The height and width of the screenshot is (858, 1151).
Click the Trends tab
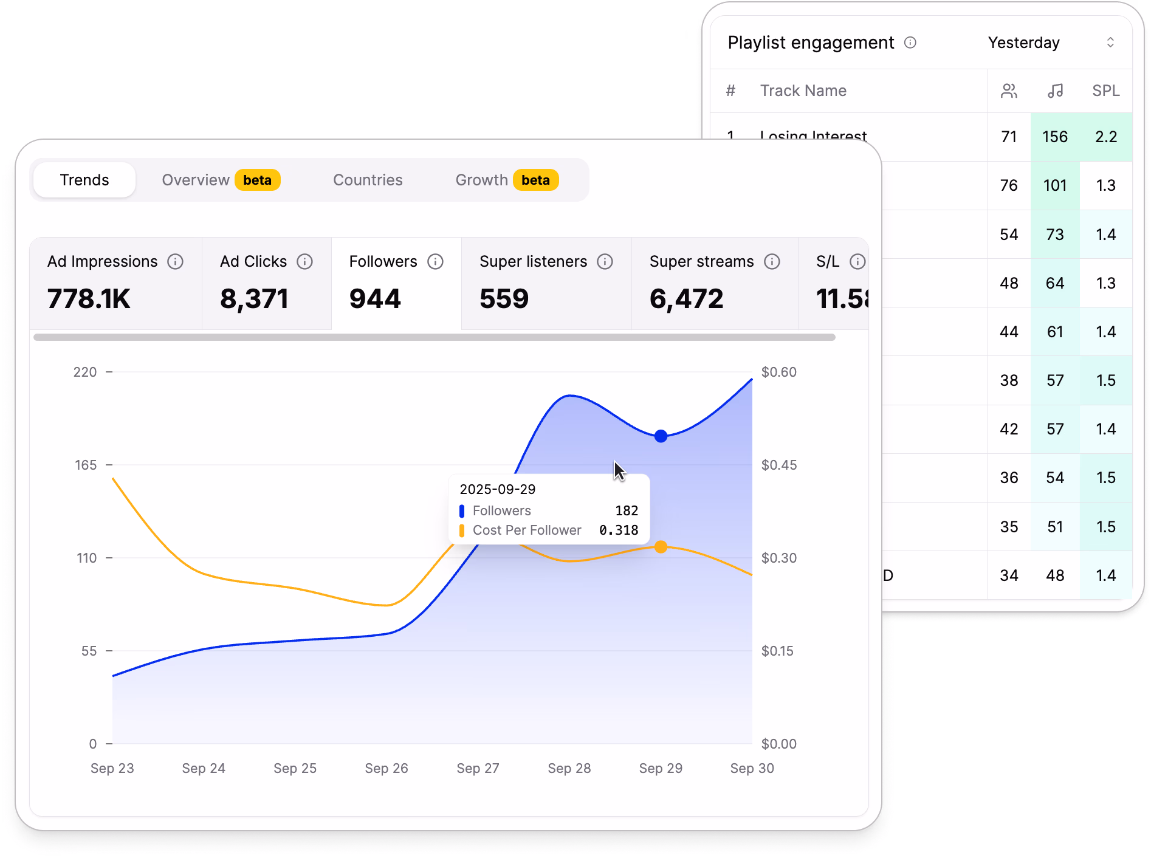84,180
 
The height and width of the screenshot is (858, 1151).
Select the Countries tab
368,180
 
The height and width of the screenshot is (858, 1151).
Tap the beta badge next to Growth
535,180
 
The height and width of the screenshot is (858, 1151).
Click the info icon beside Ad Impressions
175,261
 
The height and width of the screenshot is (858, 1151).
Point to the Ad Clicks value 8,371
254,299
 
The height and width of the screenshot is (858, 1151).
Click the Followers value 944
375,299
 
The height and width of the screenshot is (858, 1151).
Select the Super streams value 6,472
686,299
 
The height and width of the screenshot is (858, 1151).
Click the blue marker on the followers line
661,436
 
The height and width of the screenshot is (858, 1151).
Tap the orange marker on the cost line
661,547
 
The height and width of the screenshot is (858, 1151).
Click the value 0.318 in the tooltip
619,530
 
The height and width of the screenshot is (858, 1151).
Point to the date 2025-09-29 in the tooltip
497,489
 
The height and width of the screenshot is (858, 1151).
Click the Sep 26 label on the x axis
387,768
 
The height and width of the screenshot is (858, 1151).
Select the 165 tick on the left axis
86,465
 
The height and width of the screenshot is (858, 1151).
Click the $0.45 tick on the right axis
778,465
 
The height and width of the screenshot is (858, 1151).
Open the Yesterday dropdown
1051,43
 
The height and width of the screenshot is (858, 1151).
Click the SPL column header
1105,91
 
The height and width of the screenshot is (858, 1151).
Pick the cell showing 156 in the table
1055,137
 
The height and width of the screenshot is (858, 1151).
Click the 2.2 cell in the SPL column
1106,137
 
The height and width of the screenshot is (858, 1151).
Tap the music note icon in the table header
1056,91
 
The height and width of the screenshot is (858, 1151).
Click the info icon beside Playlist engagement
910,43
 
